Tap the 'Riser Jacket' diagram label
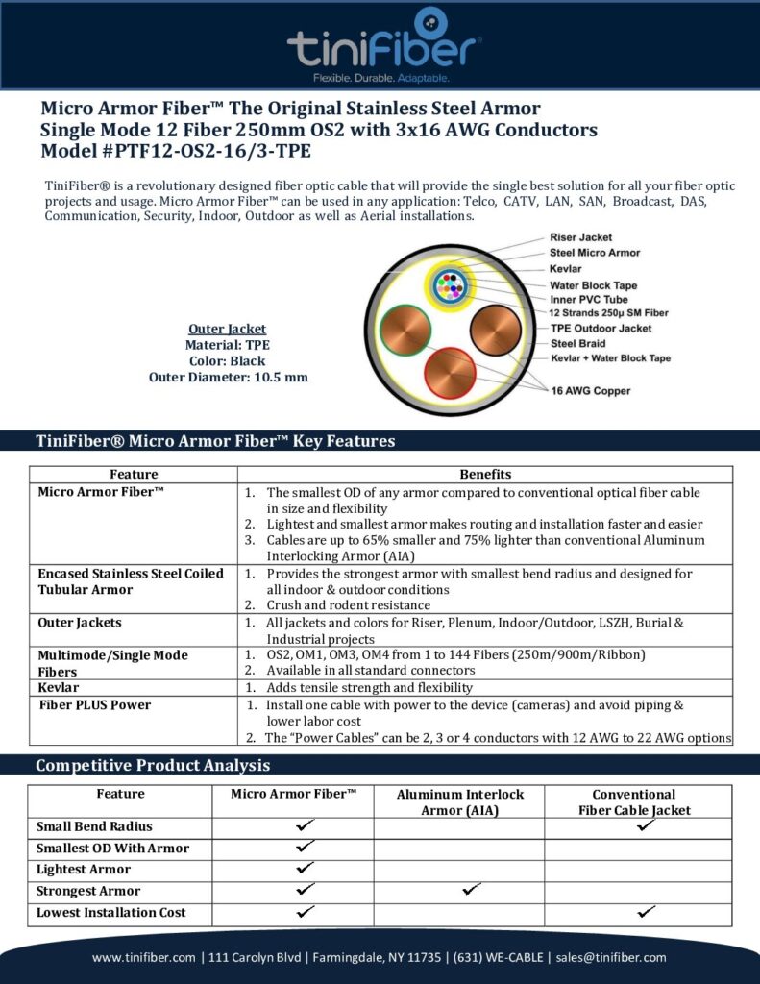(580, 237)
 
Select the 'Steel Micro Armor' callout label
(594, 253)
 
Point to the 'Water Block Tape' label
(593, 285)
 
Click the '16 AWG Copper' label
(591, 391)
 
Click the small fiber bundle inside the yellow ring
(450, 285)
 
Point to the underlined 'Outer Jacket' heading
(228, 330)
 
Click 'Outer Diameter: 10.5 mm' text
(229, 377)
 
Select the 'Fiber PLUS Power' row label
(94, 705)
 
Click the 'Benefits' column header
(485, 474)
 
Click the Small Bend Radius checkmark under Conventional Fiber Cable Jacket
(647, 825)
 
